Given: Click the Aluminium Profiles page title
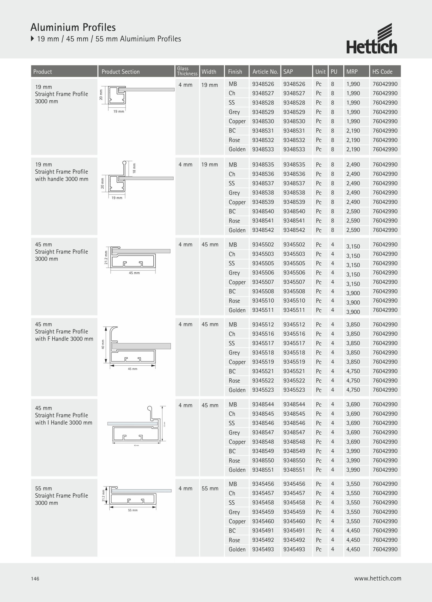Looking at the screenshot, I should (73, 27).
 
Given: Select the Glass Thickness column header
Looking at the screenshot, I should (187, 71).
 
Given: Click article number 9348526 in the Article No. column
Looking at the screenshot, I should (263, 84).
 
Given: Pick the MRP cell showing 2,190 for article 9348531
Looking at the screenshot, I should (353, 131).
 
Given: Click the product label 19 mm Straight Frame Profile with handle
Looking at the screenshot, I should (62, 172).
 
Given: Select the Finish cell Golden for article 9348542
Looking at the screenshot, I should (237, 230).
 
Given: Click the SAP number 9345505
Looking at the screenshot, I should (294, 263).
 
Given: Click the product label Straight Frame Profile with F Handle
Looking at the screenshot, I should (64, 332).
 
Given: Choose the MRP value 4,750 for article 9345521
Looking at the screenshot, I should (353, 371).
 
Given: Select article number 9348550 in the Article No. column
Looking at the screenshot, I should (263, 461).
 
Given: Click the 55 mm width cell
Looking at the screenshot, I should (210, 489).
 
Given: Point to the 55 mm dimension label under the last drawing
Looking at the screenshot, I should (133, 510).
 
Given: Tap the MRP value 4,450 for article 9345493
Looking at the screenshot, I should (353, 550).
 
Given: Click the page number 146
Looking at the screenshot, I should (35, 579).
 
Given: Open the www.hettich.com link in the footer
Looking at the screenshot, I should (377, 578).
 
